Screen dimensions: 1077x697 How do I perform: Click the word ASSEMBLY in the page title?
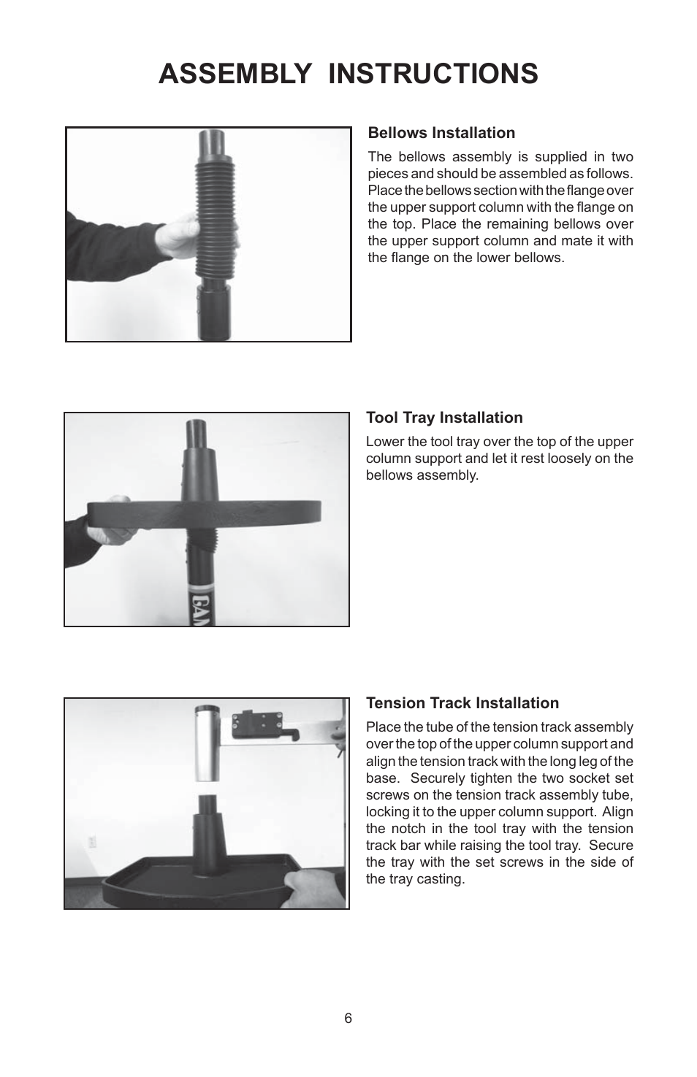(235, 74)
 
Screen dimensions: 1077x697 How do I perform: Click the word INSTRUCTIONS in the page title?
(433, 74)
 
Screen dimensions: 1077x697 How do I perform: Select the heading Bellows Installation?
(441, 133)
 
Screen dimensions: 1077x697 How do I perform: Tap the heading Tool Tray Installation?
(444, 418)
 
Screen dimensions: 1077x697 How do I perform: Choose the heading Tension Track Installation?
(462, 703)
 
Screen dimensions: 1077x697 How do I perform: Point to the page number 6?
(348, 1019)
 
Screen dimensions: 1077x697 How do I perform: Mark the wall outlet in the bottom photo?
(91, 841)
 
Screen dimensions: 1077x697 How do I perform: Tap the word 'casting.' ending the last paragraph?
(441, 879)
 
